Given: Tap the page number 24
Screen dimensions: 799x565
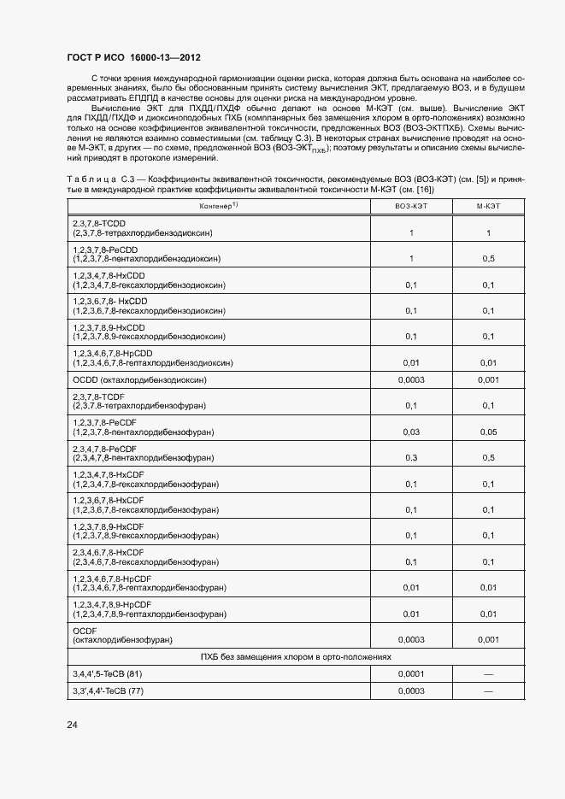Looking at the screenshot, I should pos(73,726).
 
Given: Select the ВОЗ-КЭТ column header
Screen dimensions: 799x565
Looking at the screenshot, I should pos(411,207).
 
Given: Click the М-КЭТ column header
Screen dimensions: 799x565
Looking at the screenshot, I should pos(488,207).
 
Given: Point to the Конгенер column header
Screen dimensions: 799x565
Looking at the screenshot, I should pos(218,207).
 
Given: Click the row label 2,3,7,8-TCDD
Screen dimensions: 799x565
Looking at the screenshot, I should pos(101,223).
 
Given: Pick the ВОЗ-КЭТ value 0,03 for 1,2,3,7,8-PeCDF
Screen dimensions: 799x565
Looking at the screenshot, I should pos(411,432).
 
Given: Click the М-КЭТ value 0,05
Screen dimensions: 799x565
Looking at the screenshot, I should pos(488,432).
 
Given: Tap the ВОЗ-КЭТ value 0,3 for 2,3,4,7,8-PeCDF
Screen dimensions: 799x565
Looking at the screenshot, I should pos(411,458).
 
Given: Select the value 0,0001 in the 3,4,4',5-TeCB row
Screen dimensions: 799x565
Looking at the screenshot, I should pos(411,673).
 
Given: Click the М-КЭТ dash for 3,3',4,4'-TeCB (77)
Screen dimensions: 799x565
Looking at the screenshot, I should pos(488,690).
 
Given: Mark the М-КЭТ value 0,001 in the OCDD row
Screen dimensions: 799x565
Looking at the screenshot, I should pos(488,379).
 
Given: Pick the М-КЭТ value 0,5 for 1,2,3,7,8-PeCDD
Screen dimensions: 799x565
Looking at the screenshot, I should pos(488,258).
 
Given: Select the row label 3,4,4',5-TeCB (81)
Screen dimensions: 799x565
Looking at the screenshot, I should pos(107,673).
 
